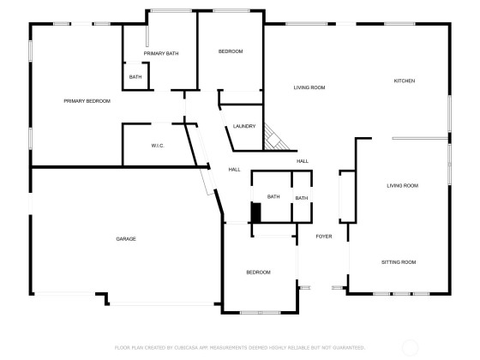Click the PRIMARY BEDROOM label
(87, 101)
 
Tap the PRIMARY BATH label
(161, 53)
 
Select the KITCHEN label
(405, 81)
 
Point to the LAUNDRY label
(244, 126)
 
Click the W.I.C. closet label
(158, 146)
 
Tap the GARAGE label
(126, 239)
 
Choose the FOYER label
(324, 237)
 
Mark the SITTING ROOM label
(399, 262)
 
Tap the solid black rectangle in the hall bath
(256, 213)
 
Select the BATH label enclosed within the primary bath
(135, 77)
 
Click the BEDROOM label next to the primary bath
(231, 51)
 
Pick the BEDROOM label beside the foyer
(258, 273)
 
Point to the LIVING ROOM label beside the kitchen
(309, 87)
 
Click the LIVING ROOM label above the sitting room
(402, 185)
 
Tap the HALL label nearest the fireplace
(303, 161)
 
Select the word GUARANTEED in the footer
(348, 348)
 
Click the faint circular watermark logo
(410, 347)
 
